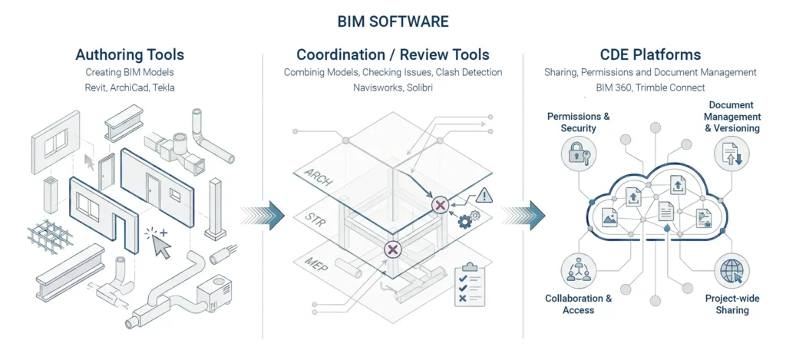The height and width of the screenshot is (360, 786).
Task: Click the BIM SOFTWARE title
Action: pyautogui.click(x=393, y=21)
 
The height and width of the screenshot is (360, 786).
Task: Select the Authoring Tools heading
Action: pyautogui.click(x=130, y=54)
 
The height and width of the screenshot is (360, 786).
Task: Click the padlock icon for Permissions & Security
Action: pyautogui.click(x=576, y=154)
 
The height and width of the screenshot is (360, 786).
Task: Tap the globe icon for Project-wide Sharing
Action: pyautogui.click(x=728, y=273)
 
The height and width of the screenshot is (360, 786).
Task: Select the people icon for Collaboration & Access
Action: pyautogui.click(x=576, y=269)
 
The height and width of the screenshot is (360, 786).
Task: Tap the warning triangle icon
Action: pyautogui.click(x=483, y=196)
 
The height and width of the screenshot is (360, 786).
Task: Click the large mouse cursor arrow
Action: pyautogui.click(x=162, y=246)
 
